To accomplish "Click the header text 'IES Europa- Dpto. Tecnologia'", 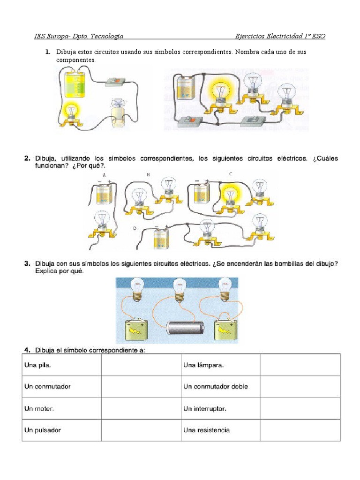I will pos(79,36).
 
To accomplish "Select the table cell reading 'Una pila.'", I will pos(61,365).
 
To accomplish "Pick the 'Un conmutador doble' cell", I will pos(221,387).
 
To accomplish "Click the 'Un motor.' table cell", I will pos(61,409).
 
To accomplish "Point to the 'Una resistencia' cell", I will pos(221,430).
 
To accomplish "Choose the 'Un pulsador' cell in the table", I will pos(61,430).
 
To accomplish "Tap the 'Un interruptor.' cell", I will pos(221,409).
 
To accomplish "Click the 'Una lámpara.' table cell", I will pos(221,365).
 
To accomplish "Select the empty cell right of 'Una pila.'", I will pos(141,365).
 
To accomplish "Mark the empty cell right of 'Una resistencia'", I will pos(300,430).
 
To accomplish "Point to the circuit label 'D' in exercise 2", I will pos(135,228).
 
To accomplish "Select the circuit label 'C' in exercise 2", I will pos(231,174).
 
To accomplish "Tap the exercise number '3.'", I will pos(28,264).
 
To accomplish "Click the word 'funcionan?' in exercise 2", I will pos(51,166).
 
